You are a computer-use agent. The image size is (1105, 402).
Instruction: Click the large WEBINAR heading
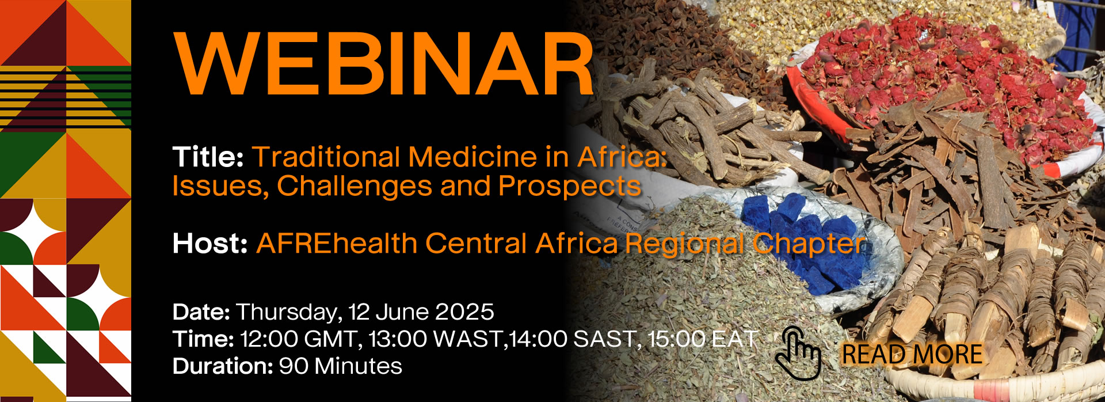click(384, 63)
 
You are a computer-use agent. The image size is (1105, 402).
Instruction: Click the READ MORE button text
click(912, 355)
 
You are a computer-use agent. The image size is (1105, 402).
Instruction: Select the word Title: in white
click(208, 157)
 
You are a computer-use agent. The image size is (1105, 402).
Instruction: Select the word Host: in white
click(210, 244)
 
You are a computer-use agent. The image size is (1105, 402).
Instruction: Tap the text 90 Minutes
click(341, 366)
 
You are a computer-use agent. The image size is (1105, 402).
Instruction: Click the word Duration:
click(223, 366)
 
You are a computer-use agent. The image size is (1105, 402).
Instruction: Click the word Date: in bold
click(201, 312)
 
